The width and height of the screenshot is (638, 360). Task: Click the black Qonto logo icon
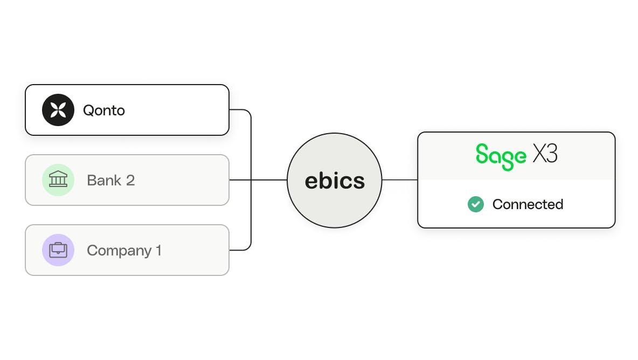tap(58, 110)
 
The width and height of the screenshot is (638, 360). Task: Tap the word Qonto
tap(104, 110)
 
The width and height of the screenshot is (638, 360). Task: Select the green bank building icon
tap(58, 180)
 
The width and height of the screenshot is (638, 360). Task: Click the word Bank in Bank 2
tap(104, 180)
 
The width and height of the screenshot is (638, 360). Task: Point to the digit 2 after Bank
tap(130, 180)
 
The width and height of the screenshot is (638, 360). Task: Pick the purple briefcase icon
tap(58, 250)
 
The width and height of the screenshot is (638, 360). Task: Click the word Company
tap(119, 251)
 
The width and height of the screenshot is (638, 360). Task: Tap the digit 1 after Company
tap(158, 250)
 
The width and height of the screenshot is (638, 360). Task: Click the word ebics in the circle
tap(335, 181)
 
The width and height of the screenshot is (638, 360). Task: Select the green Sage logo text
tap(501, 157)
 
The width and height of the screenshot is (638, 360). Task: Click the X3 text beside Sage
tap(545, 154)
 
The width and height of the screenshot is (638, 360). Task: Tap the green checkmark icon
tap(476, 204)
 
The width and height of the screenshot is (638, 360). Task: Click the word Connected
tap(528, 204)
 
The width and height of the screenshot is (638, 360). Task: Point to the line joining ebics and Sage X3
tap(400, 180)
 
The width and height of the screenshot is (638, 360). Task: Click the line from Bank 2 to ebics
tap(258, 180)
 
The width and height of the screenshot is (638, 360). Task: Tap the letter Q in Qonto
tap(88, 110)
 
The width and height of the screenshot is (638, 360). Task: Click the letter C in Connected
tap(498, 204)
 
